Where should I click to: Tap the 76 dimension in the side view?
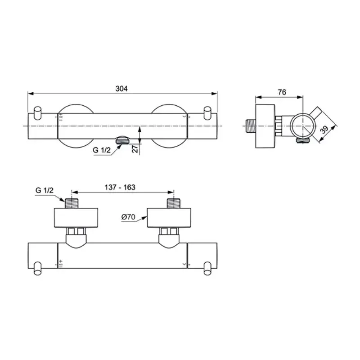pyautogui.click(x=282, y=92)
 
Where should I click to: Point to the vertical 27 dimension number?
pyautogui.click(x=135, y=149)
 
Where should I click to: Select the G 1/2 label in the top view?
pyautogui.click(x=44, y=190)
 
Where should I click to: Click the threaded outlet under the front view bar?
pyautogui.click(x=121, y=141)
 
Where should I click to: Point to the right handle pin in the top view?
pyautogui.click(x=207, y=268)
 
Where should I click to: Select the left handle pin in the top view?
pyautogui.click(x=38, y=268)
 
